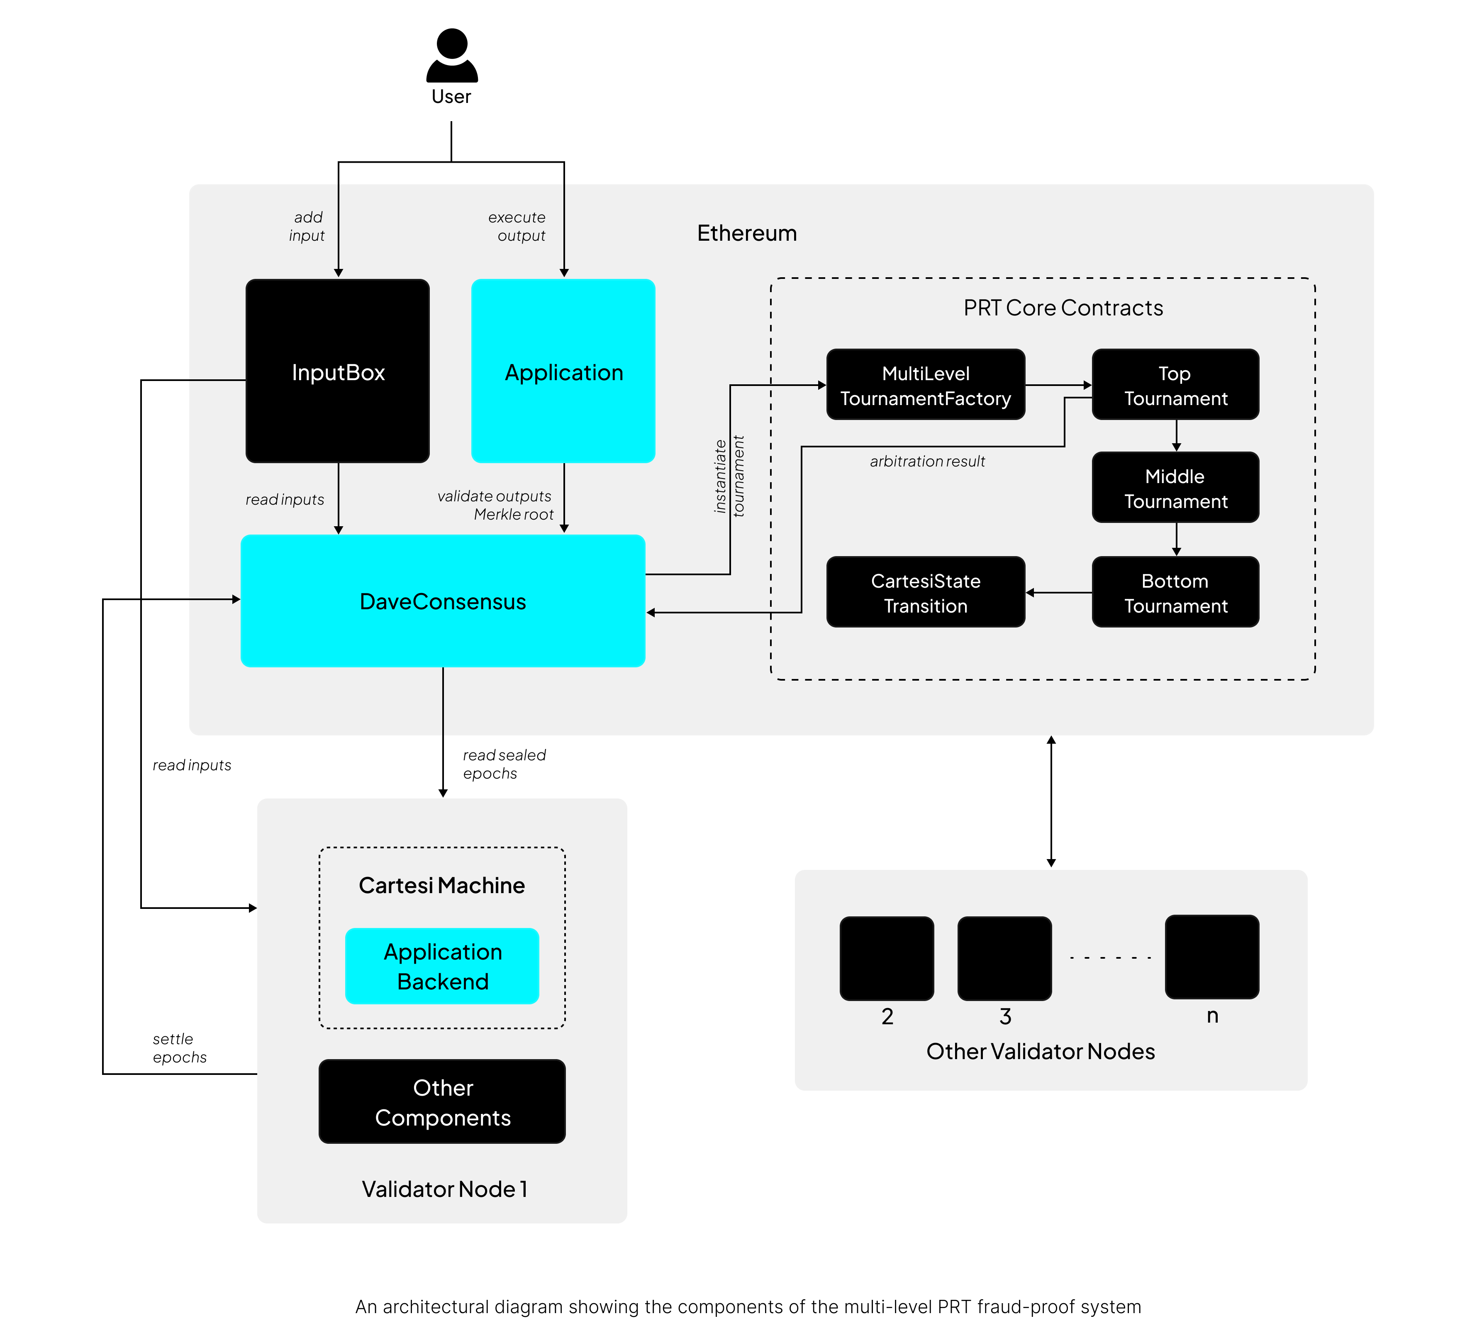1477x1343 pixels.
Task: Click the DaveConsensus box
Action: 443,601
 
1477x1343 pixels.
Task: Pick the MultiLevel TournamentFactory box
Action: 925,385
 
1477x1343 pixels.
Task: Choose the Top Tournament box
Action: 1175,385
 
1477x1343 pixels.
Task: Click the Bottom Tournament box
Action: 1175,592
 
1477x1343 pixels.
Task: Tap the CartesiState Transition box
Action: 925,592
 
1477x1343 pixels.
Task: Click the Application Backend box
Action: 443,966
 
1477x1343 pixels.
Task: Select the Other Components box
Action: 443,1101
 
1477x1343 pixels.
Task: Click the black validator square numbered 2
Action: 887,957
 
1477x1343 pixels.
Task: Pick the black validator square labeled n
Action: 1212,956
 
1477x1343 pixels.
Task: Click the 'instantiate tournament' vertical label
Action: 730,476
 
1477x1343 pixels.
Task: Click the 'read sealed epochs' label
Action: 504,764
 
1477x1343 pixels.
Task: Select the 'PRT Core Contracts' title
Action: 1063,308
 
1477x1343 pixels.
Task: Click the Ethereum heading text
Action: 746,233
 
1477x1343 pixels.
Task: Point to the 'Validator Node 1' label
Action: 444,1188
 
